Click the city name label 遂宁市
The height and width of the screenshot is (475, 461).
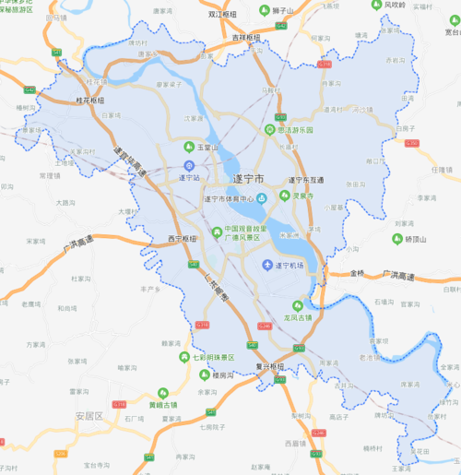tap(244, 176)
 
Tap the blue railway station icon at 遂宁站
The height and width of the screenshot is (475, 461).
tap(187, 165)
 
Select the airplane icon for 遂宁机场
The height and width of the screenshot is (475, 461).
tap(268, 267)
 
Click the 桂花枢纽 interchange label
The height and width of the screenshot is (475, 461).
tap(89, 100)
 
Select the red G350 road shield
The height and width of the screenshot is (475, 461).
tap(412, 143)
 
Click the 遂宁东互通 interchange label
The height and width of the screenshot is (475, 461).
tap(306, 181)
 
